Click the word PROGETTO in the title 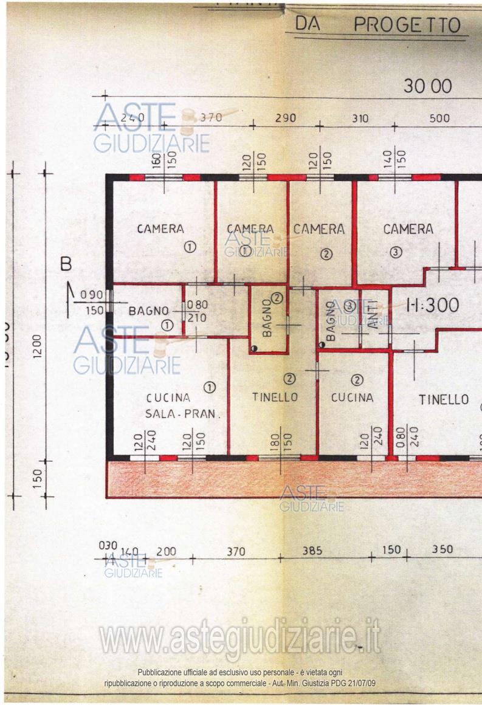[x=407, y=25]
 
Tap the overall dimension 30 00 [x=428, y=86]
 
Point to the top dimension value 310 [x=360, y=119]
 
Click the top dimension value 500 [x=439, y=118]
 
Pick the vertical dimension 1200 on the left [x=37, y=346]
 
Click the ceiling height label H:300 [x=432, y=306]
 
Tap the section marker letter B [x=66, y=264]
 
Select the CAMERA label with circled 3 [x=408, y=229]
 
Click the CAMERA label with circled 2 [x=318, y=229]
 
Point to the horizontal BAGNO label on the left [x=148, y=311]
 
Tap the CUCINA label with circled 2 [x=352, y=397]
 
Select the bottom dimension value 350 [x=442, y=549]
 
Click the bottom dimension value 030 [x=107, y=546]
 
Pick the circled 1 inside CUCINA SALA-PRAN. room [x=209, y=386]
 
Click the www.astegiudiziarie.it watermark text [x=240, y=637]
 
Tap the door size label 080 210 [x=197, y=311]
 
